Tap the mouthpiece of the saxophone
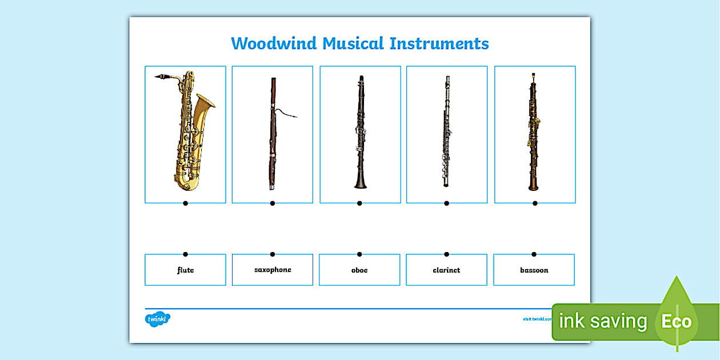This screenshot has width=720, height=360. click(159, 76)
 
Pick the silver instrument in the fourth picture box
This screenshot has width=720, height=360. click(446, 131)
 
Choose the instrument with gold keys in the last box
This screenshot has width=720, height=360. click(533, 133)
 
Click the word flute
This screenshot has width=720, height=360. click(185, 270)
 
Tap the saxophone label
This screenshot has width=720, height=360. click(273, 270)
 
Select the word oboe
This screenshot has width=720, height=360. click(359, 270)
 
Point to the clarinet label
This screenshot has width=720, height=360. click(446, 270)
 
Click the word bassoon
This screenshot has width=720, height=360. click(534, 270)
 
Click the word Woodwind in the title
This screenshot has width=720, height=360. click(274, 43)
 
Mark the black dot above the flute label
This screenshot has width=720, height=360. click(185, 254)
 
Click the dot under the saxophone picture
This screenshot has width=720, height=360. click(185, 203)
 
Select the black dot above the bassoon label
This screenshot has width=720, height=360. click(534, 254)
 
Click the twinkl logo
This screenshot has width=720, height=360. click(157, 319)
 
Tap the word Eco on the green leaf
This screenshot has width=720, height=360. click(677, 322)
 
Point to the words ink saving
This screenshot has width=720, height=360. click(602, 322)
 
